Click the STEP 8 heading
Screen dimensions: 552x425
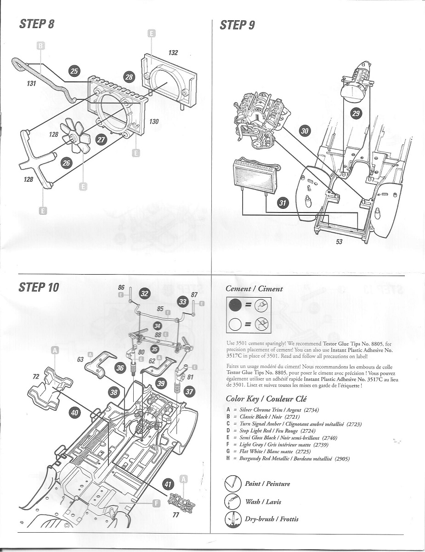pos(37,24)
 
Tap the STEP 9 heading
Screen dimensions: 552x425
pos(237,25)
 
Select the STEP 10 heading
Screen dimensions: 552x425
pos(39,287)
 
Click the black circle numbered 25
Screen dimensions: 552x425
pos(74,71)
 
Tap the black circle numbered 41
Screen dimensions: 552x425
pos(169,483)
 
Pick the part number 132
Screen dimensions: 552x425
pos(173,53)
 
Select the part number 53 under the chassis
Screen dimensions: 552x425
pos(339,241)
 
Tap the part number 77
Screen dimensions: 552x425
pos(176,515)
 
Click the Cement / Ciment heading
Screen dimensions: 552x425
pos(254,289)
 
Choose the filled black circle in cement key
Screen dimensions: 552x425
pos(235,305)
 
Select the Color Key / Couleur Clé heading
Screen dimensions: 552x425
pos(266,398)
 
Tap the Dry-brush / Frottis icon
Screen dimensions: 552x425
pos(232,519)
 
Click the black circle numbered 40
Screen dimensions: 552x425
pos(75,413)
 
